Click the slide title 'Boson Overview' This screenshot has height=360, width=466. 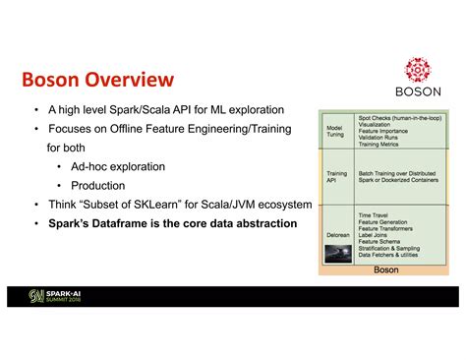[97, 79]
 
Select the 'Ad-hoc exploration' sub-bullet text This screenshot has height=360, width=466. [118, 166]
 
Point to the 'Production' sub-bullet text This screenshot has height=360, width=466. [98, 185]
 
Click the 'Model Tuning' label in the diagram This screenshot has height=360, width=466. [334, 130]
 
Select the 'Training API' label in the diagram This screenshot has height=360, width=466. [336, 177]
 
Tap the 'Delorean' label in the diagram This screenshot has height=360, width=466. [337, 235]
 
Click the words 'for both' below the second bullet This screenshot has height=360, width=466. [68, 148]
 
